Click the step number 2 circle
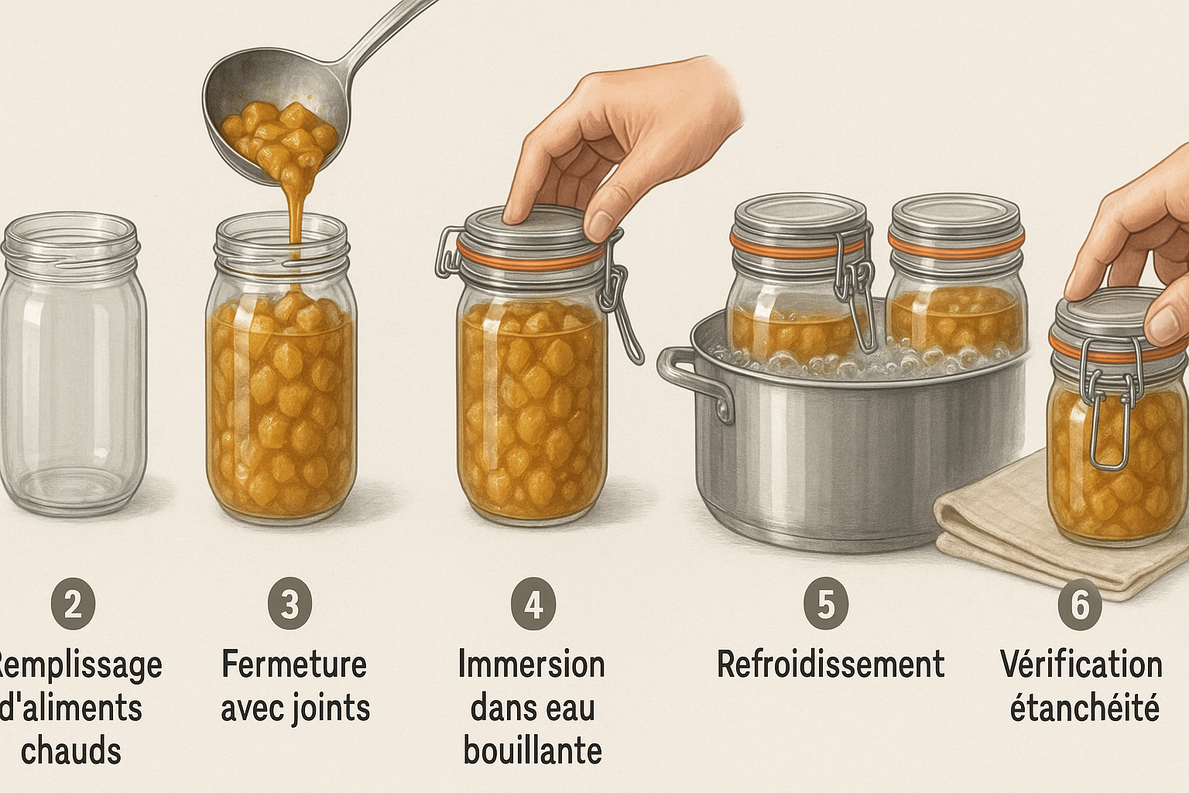[x=74, y=604]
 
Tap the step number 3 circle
[x=290, y=604]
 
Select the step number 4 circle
[x=533, y=604]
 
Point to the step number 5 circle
[x=826, y=604]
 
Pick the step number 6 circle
[x=1080, y=604]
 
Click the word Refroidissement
[x=831, y=664]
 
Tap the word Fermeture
[x=294, y=664]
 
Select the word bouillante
[x=533, y=750]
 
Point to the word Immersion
[x=532, y=664]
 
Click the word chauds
[x=71, y=750]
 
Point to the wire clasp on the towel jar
[x=1108, y=403]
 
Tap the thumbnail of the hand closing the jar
[x=601, y=225]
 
